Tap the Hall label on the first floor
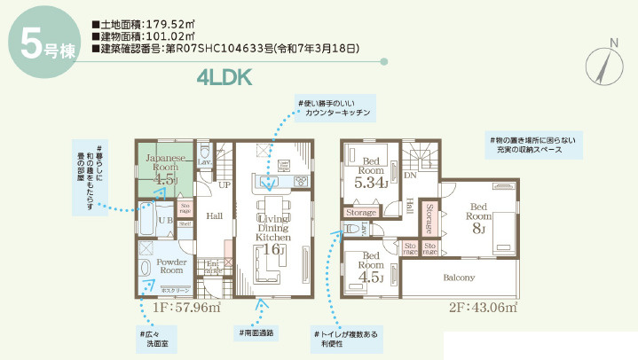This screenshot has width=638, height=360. tap(214, 215)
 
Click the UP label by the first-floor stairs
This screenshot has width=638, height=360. tap(225, 184)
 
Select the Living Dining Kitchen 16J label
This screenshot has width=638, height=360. tap(273, 229)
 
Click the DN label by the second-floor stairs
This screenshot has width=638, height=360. tap(410, 176)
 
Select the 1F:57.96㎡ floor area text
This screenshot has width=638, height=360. tap(185, 309)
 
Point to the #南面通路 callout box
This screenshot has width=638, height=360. tap(256, 333)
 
